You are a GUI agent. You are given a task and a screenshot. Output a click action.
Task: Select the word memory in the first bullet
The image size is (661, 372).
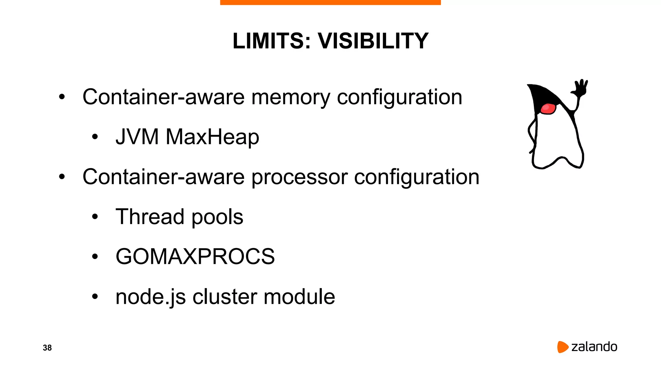tap(291, 97)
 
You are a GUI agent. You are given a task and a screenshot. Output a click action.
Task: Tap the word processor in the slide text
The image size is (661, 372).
tap(299, 177)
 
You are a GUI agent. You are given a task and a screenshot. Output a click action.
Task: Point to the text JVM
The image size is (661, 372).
tap(137, 137)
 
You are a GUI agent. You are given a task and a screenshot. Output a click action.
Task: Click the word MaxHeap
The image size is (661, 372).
tap(212, 137)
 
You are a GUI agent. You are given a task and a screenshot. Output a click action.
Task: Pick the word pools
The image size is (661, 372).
tap(217, 217)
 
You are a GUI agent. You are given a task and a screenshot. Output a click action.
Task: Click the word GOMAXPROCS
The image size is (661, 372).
tap(195, 256)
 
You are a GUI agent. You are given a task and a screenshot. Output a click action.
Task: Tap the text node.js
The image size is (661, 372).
tap(150, 297)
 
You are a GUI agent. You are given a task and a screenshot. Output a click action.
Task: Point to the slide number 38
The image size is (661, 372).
tap(47, 347)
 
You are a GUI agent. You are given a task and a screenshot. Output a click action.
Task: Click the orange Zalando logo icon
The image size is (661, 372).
tap(562, 347)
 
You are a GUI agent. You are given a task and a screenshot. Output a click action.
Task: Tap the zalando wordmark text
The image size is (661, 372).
tap(594, 347)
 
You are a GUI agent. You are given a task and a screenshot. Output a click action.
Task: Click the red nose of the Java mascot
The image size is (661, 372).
tap(548, 108)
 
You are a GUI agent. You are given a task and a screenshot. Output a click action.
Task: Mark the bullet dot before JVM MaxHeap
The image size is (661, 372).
tap(95, 137)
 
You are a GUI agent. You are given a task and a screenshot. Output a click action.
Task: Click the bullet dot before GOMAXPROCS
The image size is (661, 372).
tap(95, 257)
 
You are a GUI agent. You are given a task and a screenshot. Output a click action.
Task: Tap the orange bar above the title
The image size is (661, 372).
tap(330, 2)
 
